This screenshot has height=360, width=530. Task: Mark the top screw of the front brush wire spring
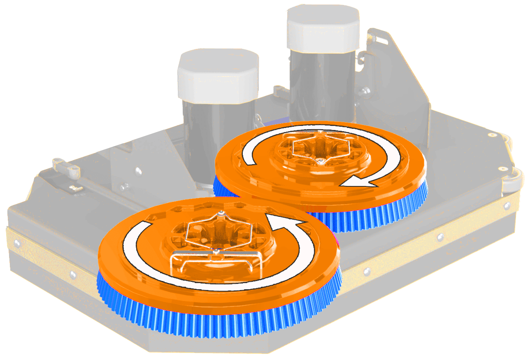point(221,213)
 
